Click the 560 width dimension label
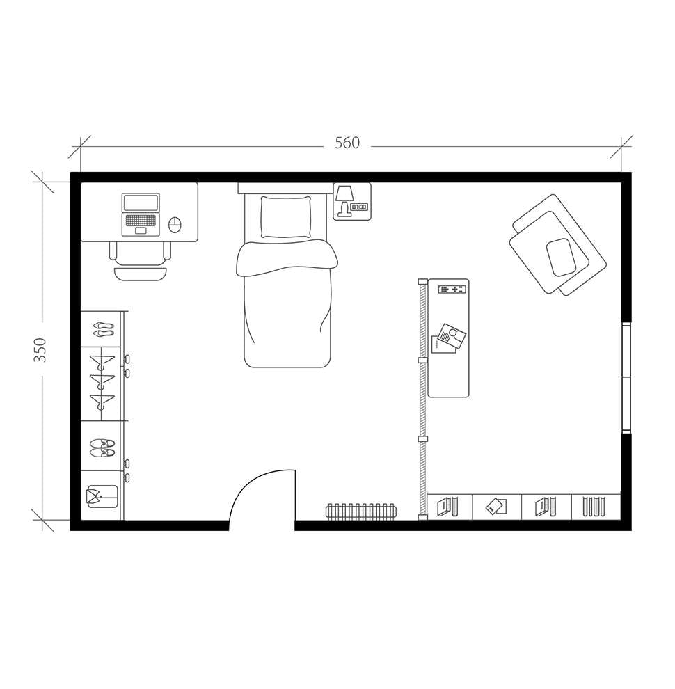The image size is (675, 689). [347, 143]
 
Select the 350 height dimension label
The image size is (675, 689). [40, 349]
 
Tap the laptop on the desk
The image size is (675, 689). [141, 214]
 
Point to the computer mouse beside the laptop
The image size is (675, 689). [175, 225]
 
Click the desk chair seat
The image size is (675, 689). [141, 253]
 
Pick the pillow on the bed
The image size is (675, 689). [285, 216]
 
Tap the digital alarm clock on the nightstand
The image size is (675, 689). [359, 207]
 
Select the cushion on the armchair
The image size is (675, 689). [560, 257]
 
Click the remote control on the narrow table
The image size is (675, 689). [452, 289]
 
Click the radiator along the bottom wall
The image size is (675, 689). [361, 512]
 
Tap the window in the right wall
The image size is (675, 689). [626, 377]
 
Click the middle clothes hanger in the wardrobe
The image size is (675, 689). [102, 383]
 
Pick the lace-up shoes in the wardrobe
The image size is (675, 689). [102, 448]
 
